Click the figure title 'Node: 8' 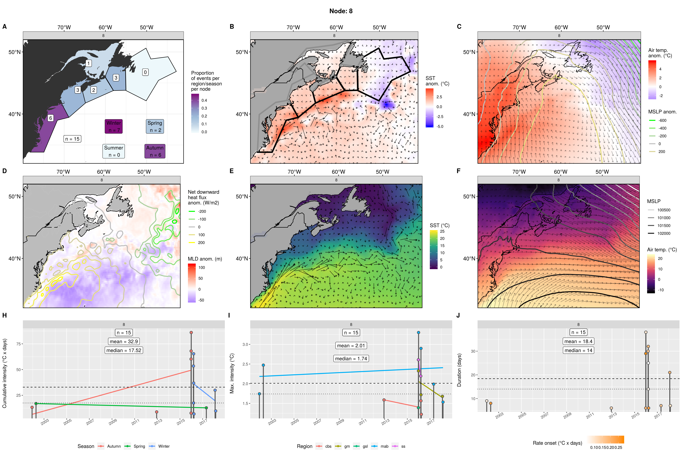(x=341, y=11)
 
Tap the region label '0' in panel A (x=145, y=72)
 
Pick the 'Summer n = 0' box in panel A (x=114, y=151)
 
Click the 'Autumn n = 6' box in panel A (x=155, y=151)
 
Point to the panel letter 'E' (x=231, y=171)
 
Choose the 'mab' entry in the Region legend (x=384, y=446)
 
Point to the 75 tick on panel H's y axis (x=19, y=344)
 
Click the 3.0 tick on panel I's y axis (x=245, y=344)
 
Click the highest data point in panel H (x=191, y=333)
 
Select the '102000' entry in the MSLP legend (x=663, y=233)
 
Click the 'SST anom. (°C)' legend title (x=437, y=81)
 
